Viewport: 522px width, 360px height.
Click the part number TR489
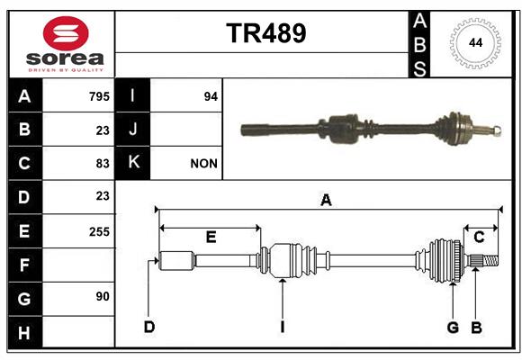point(266,33)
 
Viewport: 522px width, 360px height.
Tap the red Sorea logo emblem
point(66,33)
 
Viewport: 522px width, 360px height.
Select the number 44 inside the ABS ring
point(475,43)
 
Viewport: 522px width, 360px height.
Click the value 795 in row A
point(99,96)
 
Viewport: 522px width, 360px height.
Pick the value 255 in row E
point(99,232)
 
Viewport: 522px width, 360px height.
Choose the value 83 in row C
point(103,164)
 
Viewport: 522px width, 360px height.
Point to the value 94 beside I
point(211,96)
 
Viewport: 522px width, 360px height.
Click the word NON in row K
point(203,164)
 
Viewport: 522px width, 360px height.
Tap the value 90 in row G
point(103,296)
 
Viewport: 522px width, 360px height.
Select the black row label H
point(25,333)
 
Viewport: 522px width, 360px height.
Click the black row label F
point(25,265)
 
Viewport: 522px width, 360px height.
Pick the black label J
point(132,130)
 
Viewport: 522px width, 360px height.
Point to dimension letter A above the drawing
point(326,201)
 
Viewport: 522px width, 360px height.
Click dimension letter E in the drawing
point(211,237)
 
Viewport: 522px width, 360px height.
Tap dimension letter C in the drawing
point(479,238)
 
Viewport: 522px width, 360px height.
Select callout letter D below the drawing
point(149,327)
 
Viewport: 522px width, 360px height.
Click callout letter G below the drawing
point(453,328)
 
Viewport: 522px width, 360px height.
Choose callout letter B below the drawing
point(476,328)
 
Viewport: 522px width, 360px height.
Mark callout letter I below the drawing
point(283,327)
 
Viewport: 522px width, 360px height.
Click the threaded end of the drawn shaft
point(490,260)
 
